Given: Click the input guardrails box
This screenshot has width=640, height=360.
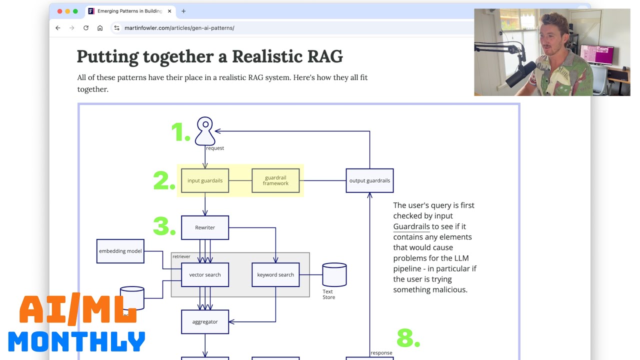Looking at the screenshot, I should pyautogui.click(x=205, y=180).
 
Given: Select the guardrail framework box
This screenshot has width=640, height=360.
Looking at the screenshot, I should pyautogui.click(x=275, y=180).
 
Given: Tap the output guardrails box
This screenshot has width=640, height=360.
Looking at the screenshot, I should pyautogui.click(x=369, y=180).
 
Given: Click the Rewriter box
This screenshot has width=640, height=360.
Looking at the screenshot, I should pyautogui.click(x=205, y=227).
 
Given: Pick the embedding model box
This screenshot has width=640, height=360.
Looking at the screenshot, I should pyautogui.click(x=120, y=251).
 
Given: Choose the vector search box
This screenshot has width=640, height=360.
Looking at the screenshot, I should pyautogui.click(x=205, y=274).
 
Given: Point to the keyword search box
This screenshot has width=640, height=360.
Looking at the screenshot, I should pyautogui.click(x=275, y=274).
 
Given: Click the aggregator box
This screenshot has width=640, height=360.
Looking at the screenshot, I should pyautogui.click(x=205, y=321).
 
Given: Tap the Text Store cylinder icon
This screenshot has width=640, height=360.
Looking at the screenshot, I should pyautogui.click(x=334, y=274).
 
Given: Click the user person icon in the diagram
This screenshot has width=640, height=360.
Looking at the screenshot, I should pyautogui.click(x=205, y=130).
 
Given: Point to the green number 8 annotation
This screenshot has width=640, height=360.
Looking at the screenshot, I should pyautogui.click(x=407, y=338).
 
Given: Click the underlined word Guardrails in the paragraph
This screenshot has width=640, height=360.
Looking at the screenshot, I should pyautogui.click(x=411, y=226).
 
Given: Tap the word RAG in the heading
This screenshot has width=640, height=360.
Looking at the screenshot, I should pyautogui.click(x=324, y=56).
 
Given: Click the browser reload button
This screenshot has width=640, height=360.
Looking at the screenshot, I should pyautogui.click(x=86, y=28).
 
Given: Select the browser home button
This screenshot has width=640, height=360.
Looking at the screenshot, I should pyautogui.click(x=100, y=28).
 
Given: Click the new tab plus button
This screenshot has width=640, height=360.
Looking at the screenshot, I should pyautogui.click(x=183, y=11).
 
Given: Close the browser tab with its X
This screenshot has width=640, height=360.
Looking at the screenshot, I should pyautogui.click(x=169, y=11).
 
